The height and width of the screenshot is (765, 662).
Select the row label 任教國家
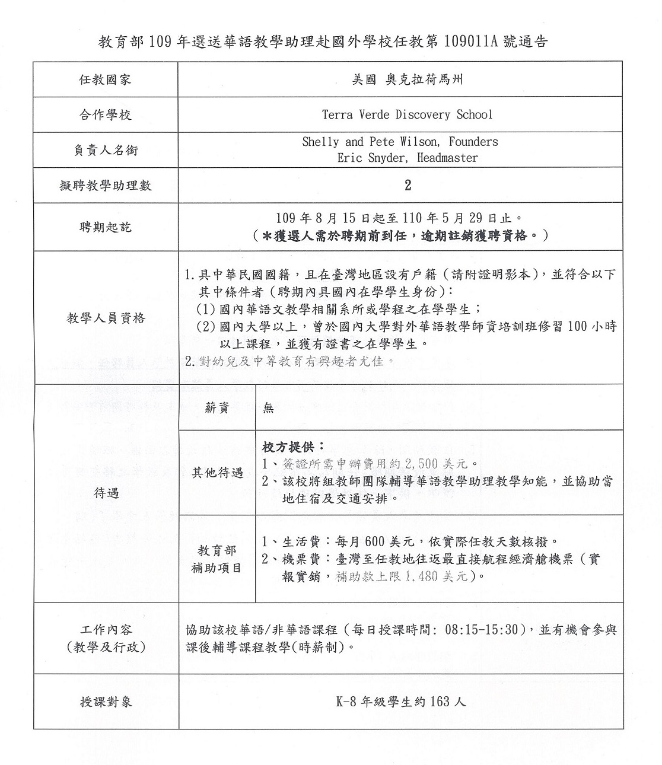106,79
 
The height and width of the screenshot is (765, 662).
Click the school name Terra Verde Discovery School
407,114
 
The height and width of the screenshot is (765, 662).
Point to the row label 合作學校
106,114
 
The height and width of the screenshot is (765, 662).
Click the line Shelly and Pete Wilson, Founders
400,142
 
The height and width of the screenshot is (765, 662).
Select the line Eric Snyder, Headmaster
407,158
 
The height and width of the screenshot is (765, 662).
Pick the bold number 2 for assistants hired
408,185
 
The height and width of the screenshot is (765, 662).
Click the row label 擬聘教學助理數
106,186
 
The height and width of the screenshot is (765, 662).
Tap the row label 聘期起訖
106,227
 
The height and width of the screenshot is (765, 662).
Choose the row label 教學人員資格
106,318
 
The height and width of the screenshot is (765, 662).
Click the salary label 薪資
217,408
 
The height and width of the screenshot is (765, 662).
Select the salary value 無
268,408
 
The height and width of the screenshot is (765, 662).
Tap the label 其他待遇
217,473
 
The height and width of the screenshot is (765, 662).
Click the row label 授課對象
106,702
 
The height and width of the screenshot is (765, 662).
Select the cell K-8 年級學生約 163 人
400,702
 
